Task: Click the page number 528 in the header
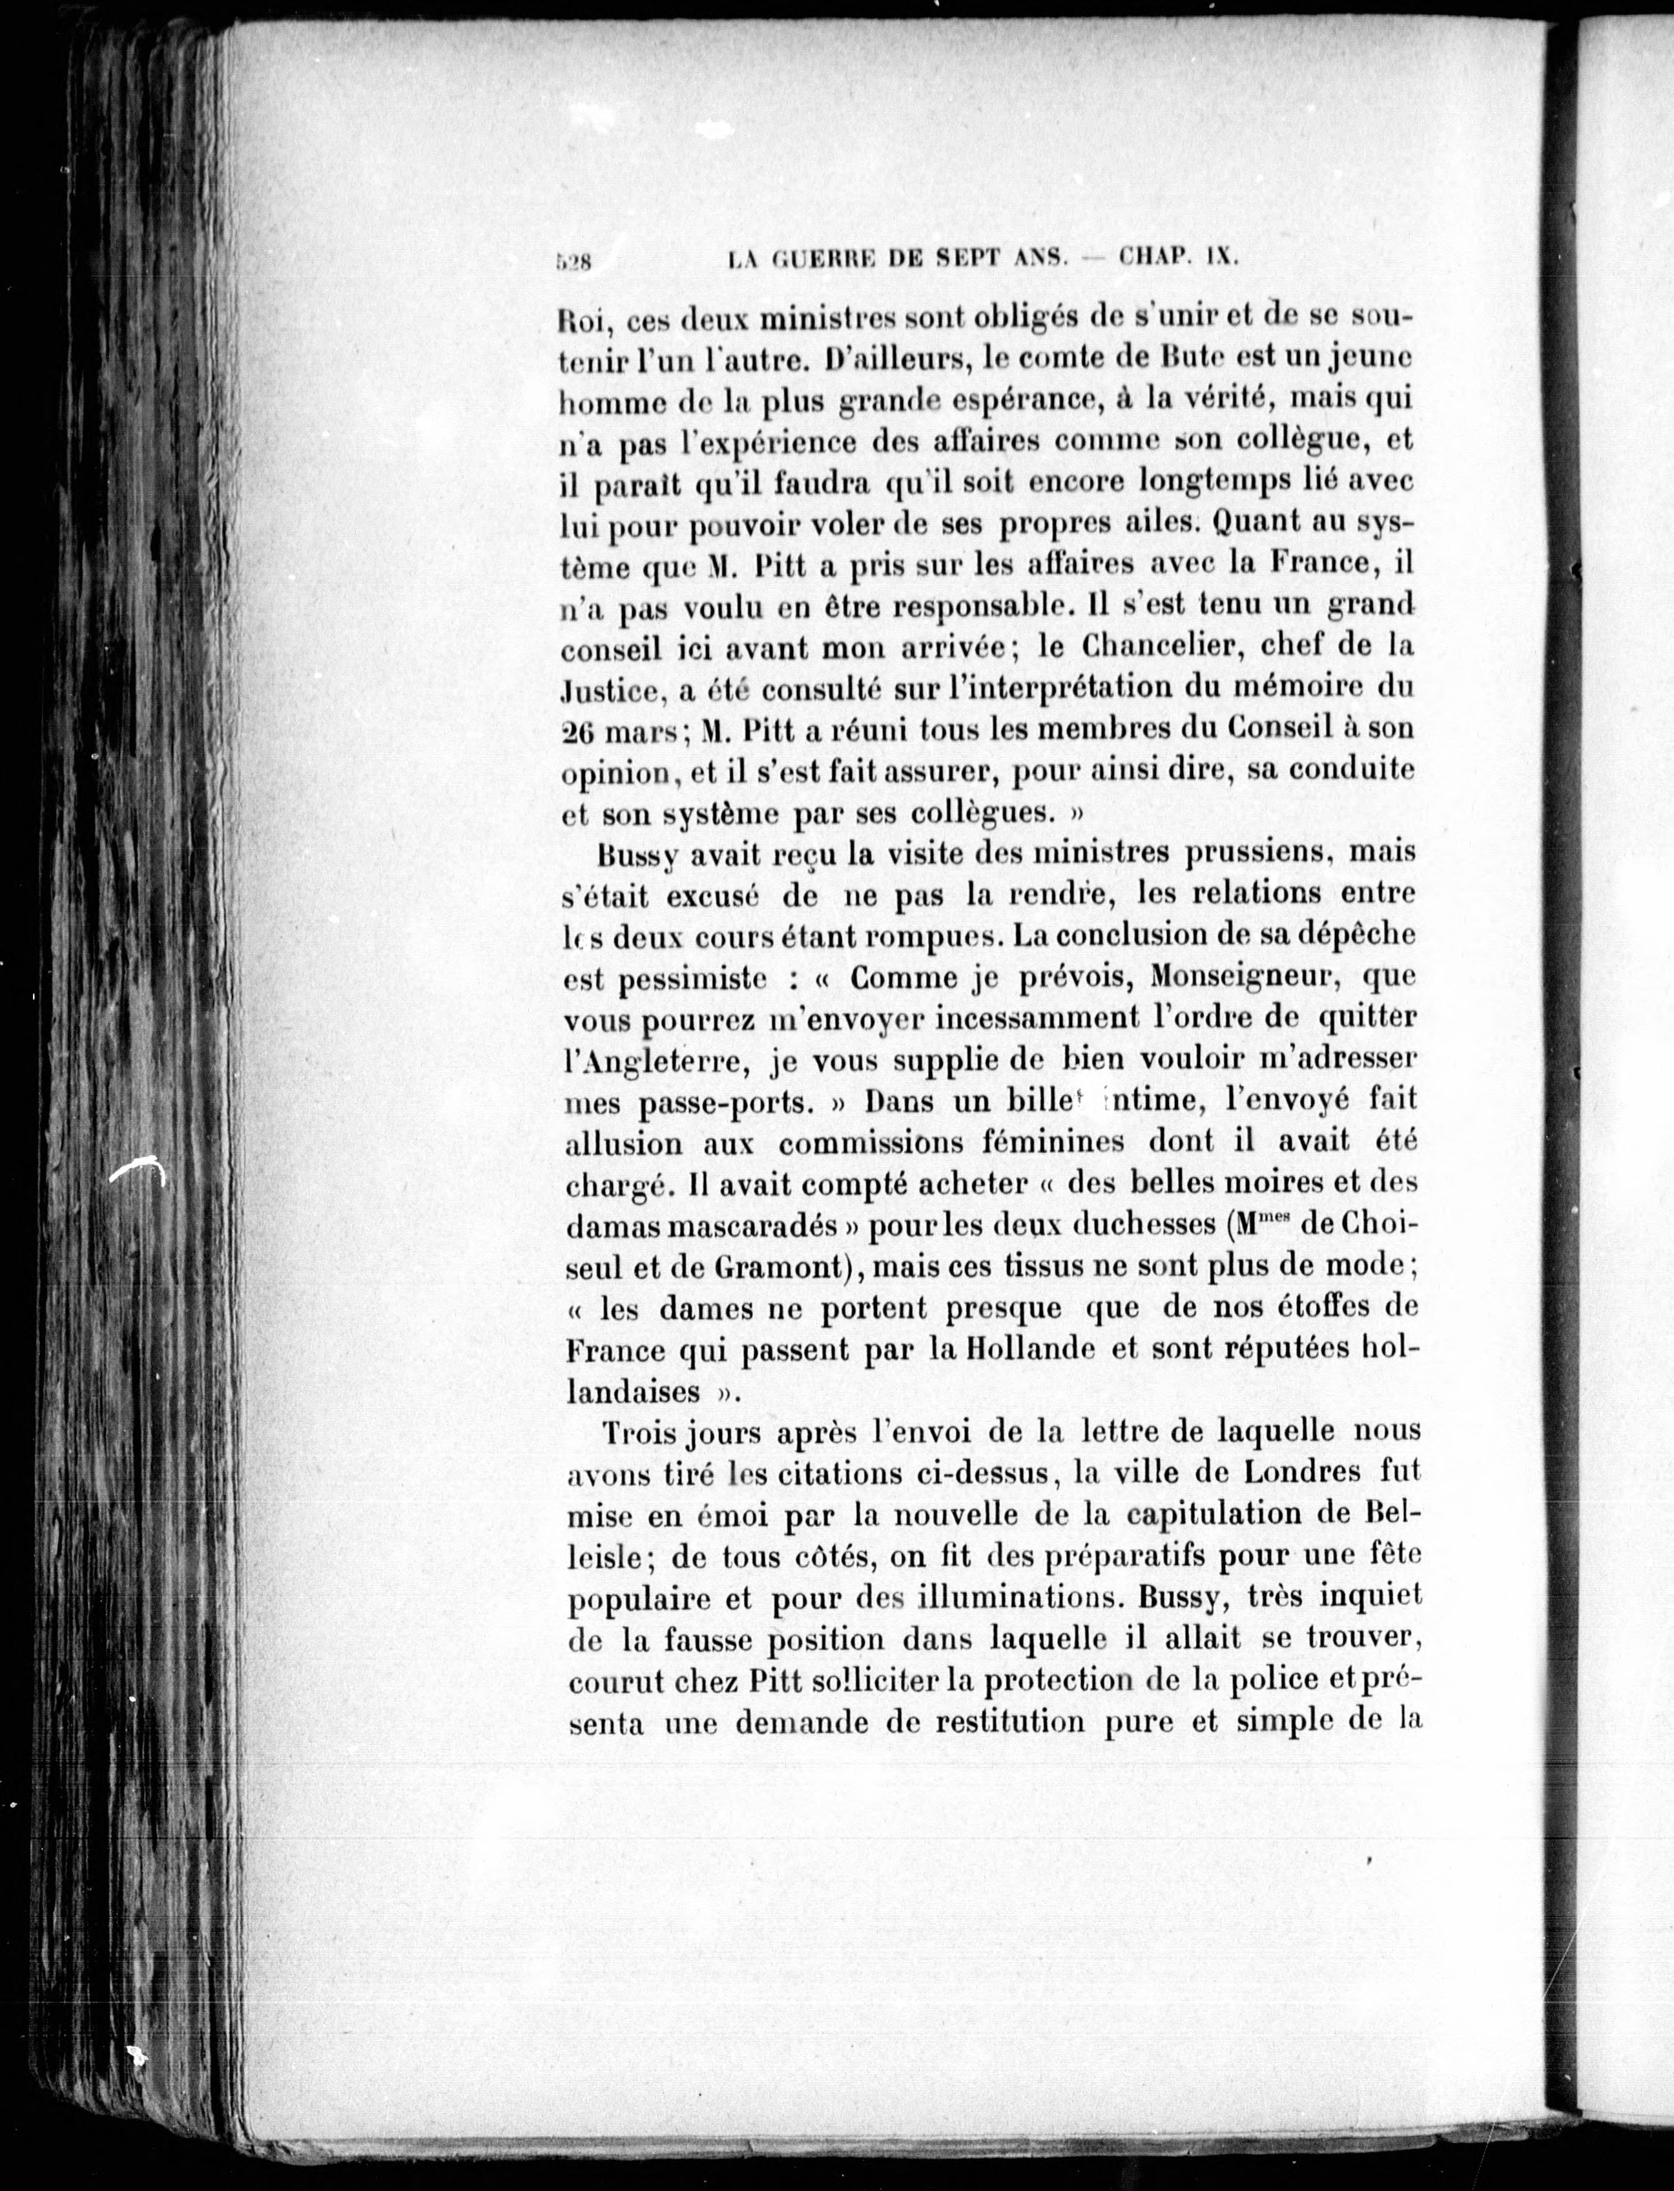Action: click(x=574, y=263)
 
